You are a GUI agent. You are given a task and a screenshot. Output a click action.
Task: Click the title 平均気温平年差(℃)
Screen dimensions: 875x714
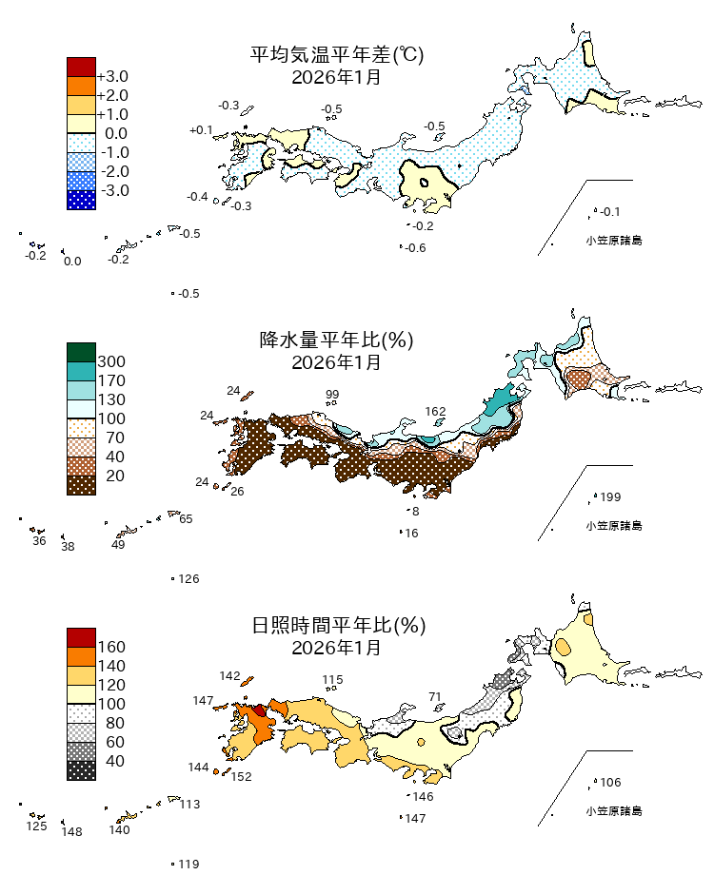tap(336, 55)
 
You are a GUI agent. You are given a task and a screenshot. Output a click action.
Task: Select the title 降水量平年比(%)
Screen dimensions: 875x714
tap(336, 340)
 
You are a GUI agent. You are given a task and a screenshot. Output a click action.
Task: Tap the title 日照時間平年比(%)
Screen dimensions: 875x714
tap(336, 626)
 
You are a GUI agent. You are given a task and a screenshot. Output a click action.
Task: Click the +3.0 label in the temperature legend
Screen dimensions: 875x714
tap(112, 76)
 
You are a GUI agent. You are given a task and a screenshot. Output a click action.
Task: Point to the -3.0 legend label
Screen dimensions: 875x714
tap(112, 190)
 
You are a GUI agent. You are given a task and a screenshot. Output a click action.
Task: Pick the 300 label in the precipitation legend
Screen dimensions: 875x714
tap(111, 361)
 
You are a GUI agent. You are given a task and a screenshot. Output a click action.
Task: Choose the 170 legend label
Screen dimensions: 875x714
tap(111, 380)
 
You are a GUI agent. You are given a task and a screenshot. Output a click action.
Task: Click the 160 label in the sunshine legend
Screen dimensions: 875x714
tap(111, 647)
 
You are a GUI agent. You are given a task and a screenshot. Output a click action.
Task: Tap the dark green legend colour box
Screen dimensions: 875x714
tap(81, 352)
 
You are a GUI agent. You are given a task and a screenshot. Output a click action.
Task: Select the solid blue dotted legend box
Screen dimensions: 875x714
tap(81, 200)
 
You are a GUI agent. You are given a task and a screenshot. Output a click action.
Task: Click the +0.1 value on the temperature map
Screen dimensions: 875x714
tap(201, 129)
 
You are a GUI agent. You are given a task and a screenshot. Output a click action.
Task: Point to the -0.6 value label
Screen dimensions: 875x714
tap(415, 248)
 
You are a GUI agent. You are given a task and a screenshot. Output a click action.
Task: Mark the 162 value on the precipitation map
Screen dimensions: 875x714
tap(435, 412)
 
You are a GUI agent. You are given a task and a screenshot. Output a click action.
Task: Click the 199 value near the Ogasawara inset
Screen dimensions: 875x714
tap(610, 497)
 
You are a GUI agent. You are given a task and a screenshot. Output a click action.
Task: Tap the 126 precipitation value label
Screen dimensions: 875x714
tap(188, 579)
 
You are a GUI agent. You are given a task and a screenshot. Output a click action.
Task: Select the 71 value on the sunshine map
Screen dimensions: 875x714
tap(436, 697)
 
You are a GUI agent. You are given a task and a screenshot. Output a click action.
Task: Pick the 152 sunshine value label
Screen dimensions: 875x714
tap(241, 777)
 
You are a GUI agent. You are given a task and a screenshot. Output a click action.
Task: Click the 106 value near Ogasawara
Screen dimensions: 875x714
tap(610, 783)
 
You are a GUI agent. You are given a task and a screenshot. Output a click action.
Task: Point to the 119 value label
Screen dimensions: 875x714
tap(188, 865)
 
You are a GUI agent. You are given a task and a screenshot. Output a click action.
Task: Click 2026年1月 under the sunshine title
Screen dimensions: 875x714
tap(336, 648)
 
